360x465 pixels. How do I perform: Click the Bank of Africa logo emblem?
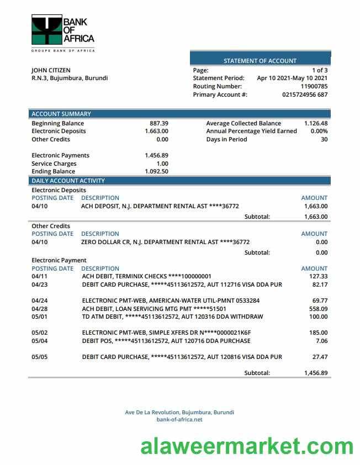(46, 30)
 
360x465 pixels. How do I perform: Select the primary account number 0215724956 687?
(305, 94)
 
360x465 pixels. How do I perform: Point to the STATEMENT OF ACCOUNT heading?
(260, 61)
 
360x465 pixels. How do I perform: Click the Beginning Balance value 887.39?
(159, 123)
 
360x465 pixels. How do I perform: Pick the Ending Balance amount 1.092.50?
(156, 171)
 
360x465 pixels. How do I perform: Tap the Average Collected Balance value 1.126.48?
(316, 123)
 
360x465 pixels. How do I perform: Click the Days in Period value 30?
(324, 139)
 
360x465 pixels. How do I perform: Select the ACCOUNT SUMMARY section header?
(61, 114)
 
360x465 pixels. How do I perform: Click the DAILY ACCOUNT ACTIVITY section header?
(68, 181)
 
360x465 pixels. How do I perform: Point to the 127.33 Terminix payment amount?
(318, 276)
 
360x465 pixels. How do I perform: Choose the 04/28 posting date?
(40, 309)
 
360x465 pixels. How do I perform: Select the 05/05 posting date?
(40, 357)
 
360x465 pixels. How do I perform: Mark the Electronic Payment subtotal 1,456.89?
(316, 373)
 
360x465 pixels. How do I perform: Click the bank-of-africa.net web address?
(179, 419)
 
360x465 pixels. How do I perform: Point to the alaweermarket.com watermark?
(246, 446)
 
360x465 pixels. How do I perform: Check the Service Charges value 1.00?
(162, 163)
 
